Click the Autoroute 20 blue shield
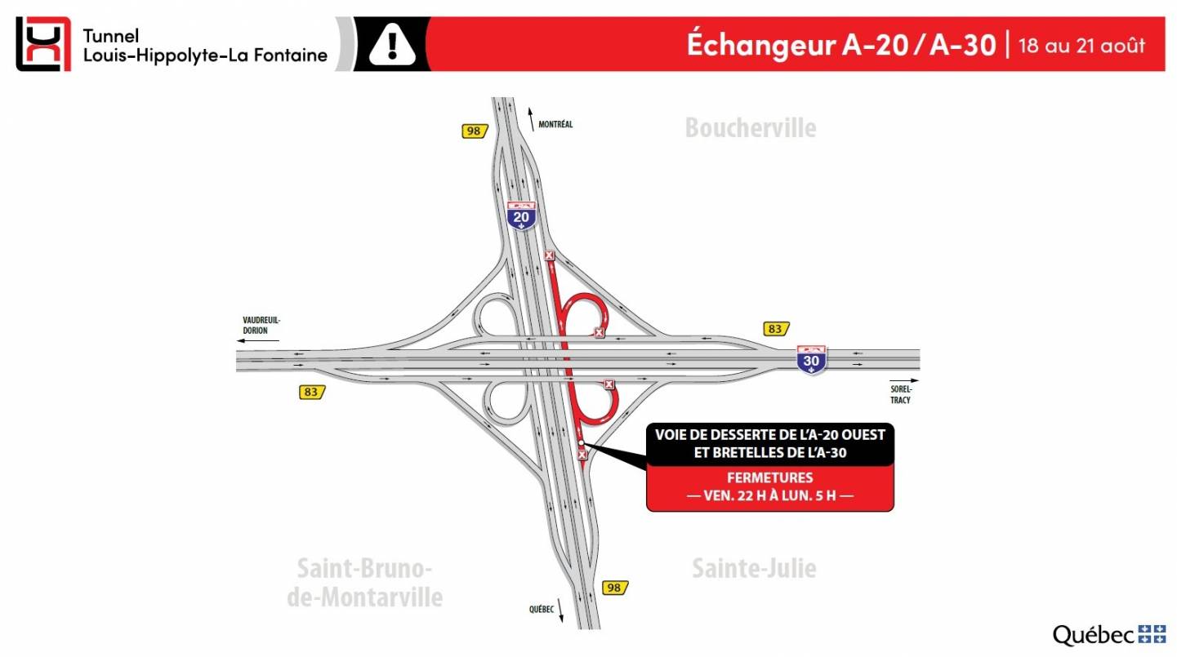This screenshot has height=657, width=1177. [x=521, y=216]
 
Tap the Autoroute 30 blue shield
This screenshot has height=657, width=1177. [x=812, y=359]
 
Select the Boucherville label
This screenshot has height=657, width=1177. [x=750, y=128]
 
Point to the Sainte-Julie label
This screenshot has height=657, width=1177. [x=753, y=568]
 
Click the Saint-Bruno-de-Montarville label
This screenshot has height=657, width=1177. [x=364, y=583]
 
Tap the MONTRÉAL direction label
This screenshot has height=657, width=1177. [x=555, y=124]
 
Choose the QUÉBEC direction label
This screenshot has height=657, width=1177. [x=541, y=610]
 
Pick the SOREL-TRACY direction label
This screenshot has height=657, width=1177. [x=900, y=395]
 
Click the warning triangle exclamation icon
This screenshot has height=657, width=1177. [x=392, y=45]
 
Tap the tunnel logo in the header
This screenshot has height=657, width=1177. [x=43, y=44]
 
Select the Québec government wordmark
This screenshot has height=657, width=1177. [x=1108, y=634]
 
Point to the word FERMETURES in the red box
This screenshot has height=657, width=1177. [x=770, y=477]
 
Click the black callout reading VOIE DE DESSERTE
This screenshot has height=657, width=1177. [x=770, y=443]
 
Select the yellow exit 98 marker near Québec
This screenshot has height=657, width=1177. [x=615, y=588]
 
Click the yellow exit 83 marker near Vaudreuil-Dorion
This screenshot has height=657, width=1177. [x=311, y=392]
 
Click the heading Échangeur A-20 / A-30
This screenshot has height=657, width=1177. [x=840, y=45]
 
